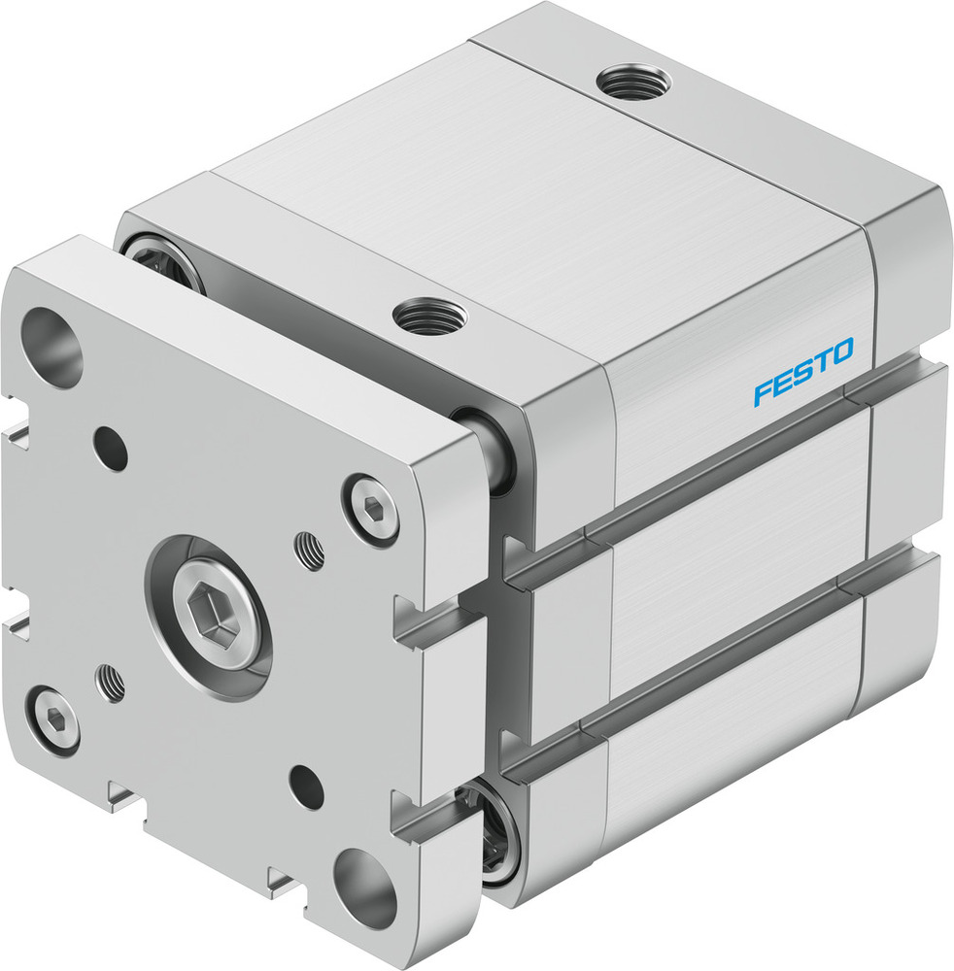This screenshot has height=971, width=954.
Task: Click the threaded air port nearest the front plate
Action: (x=428, y=315)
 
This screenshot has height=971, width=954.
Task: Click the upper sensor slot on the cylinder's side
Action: (x=719, y=461)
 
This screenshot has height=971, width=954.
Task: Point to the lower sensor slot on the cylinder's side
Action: (x=719, y=649)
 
